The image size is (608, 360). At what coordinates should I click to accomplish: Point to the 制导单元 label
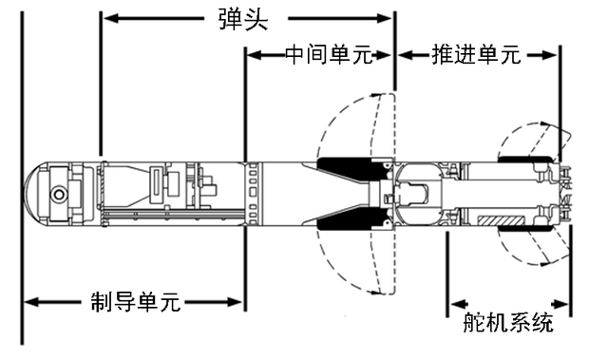click(135, 303)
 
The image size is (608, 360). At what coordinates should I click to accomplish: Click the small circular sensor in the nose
click(59, 195)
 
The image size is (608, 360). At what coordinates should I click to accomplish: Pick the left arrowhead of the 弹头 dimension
click(107, 18)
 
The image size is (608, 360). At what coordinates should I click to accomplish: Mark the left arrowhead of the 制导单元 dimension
click(28, 303)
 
